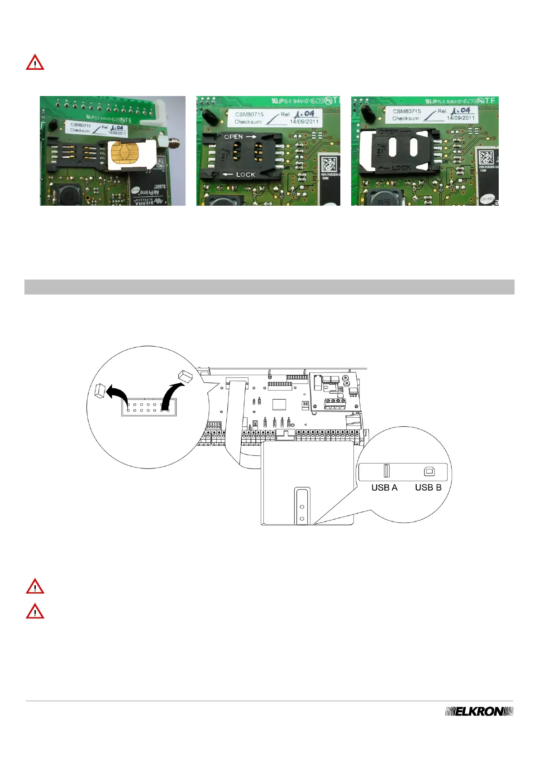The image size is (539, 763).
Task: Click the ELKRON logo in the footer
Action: [x=479, y=711]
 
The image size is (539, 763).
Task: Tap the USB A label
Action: [x=384, y=488]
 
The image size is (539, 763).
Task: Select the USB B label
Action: [x=428, y=488]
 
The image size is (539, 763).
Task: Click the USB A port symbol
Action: [x=386, y=471]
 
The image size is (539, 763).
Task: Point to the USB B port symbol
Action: [x=429, y=472]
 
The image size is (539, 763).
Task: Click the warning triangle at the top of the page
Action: [x=35, y=63]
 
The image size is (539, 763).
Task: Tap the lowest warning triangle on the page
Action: [x=35, y=611]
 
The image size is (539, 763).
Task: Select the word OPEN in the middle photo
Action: [x=234, y=136]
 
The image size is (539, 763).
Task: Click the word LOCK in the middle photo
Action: [x=246, y=174]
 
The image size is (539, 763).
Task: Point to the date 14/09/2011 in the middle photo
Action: [x=304, y=121]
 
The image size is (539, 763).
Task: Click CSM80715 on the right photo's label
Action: [x=406, y=111]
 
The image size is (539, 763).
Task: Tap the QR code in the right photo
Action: [x=486, y=158]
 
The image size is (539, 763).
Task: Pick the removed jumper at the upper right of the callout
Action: [x=185, y=375]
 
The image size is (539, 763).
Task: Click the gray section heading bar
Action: [x=269, y=287]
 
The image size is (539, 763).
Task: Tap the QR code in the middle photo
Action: [x=329, y=164]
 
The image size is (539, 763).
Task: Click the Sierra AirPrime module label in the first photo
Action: [x=148, y=195]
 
